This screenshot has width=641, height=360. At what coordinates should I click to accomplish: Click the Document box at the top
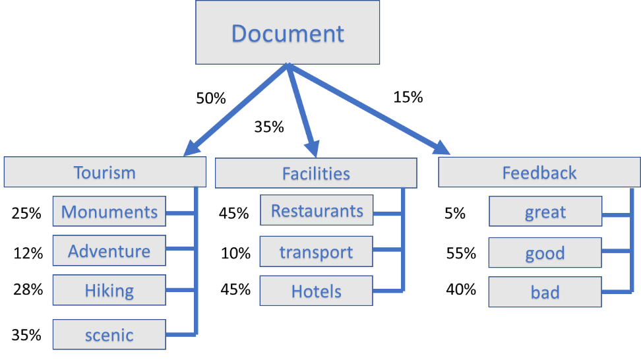288,32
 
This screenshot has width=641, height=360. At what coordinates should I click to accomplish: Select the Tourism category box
105,173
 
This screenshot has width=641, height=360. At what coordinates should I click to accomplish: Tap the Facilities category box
316,173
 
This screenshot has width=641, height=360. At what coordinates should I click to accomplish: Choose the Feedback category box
539,173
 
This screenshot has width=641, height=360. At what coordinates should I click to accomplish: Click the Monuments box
109,212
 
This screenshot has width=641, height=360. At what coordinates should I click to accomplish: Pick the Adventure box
109,251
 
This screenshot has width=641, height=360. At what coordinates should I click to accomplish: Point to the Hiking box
109,290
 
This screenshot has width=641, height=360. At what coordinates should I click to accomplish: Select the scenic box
109,334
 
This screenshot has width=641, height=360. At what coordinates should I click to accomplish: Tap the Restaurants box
317,210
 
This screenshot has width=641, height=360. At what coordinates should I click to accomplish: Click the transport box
317,251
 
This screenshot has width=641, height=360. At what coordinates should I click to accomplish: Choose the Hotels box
317,291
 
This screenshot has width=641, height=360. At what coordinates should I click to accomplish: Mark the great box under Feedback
545,212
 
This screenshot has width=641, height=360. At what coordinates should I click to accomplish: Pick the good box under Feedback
545,253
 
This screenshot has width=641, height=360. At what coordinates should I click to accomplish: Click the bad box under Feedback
545,291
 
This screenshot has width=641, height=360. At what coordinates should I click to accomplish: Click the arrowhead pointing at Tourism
191,149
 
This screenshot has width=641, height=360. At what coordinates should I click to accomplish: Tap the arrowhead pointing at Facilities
311,149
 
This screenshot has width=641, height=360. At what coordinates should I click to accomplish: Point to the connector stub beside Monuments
180,213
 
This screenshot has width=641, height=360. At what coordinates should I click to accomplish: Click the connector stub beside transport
387,250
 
